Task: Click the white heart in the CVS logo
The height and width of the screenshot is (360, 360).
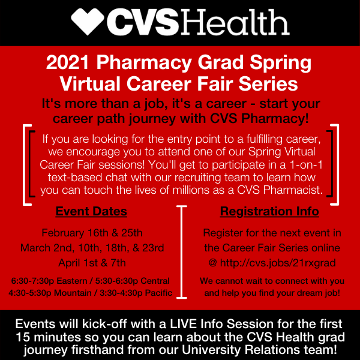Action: [88, 22]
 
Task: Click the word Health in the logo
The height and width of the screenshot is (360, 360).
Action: [235, 22]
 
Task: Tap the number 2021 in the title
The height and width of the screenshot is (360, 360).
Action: [67, 62]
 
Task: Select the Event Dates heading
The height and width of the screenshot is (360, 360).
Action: [91, 211]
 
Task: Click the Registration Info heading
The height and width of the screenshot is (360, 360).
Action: [269, 211]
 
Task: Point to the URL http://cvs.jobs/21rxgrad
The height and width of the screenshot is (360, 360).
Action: [278, 263]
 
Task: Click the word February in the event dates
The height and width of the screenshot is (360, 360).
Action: [62, 233]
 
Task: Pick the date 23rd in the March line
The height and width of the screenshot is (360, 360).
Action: [153, 248]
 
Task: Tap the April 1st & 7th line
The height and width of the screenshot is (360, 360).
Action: [92, 263]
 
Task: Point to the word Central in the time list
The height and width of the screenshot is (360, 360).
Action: [155, 281]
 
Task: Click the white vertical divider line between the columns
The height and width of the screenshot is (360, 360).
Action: [182, 252]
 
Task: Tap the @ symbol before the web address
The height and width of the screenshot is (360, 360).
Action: [213, 263]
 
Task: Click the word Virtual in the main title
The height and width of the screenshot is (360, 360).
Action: [90, 84]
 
